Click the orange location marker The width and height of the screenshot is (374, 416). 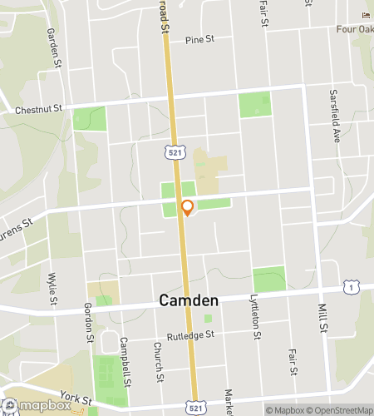click(187, 208)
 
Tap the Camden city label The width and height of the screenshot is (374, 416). click(188, 300)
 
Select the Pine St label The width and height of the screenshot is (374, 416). click(200, 39)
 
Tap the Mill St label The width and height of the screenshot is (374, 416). click(322, 317)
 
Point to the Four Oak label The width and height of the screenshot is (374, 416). click(355, 30)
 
